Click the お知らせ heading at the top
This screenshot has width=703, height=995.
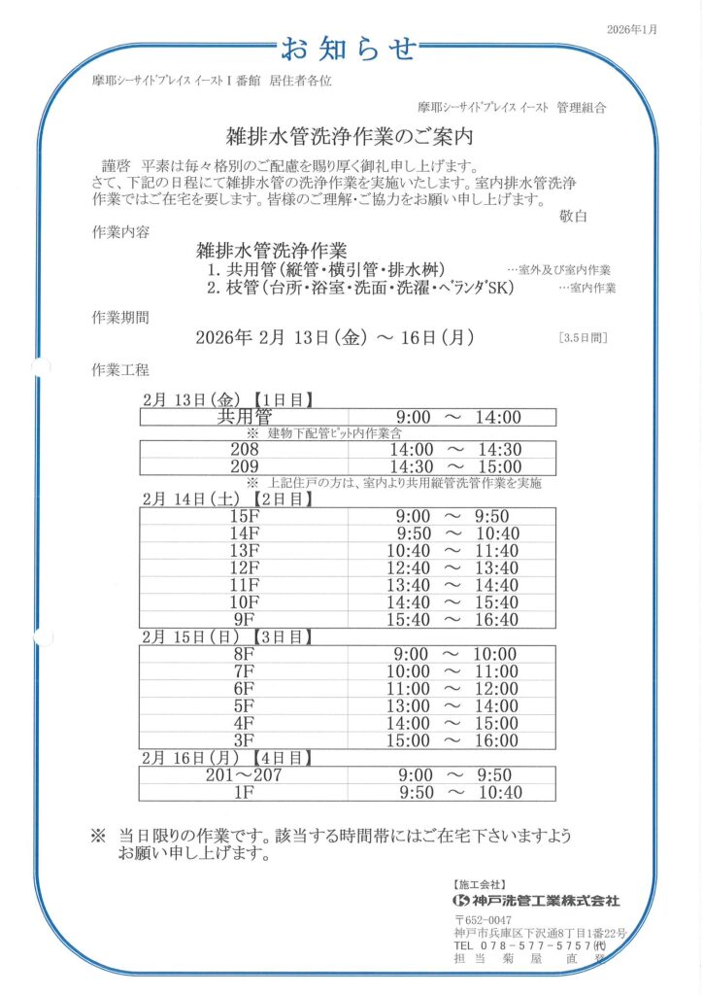pyautogui.click(x=350, y=48)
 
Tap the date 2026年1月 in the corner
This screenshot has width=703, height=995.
pyautogui.click(x=632, y=30)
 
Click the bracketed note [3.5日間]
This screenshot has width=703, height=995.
pyautogui.click(x=583, y=338)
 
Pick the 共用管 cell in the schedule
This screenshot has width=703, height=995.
pyautogui.click(x=245, y=418)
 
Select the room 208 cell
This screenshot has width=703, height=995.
pyautogui.click(x=245, y=449)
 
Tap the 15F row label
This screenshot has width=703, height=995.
pyautogui.click(x=245, y=516)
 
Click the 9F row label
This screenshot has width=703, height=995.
pyautogui.click(x=245, y=619)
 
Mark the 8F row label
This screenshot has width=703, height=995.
pyautogui.click(x=245, y=654)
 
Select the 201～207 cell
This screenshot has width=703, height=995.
pyautogui.click(x=245, y=775)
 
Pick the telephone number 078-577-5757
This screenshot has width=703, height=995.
pyautogui.click(x=530, y=945)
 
